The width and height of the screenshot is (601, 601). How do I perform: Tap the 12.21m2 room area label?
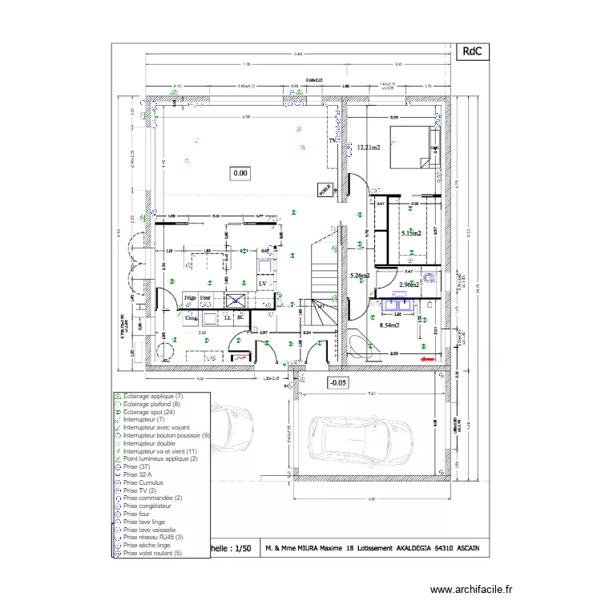point(369,147)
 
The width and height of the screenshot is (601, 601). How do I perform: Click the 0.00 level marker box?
point(240,172)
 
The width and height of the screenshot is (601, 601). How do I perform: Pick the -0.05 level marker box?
point(340,383)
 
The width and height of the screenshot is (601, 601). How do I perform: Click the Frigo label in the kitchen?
point(190,296)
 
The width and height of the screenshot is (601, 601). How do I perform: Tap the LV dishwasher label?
point(262,284)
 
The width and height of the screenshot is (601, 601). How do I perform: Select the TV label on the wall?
point(333,141)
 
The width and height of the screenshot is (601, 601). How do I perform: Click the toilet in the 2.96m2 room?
point(430,279)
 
